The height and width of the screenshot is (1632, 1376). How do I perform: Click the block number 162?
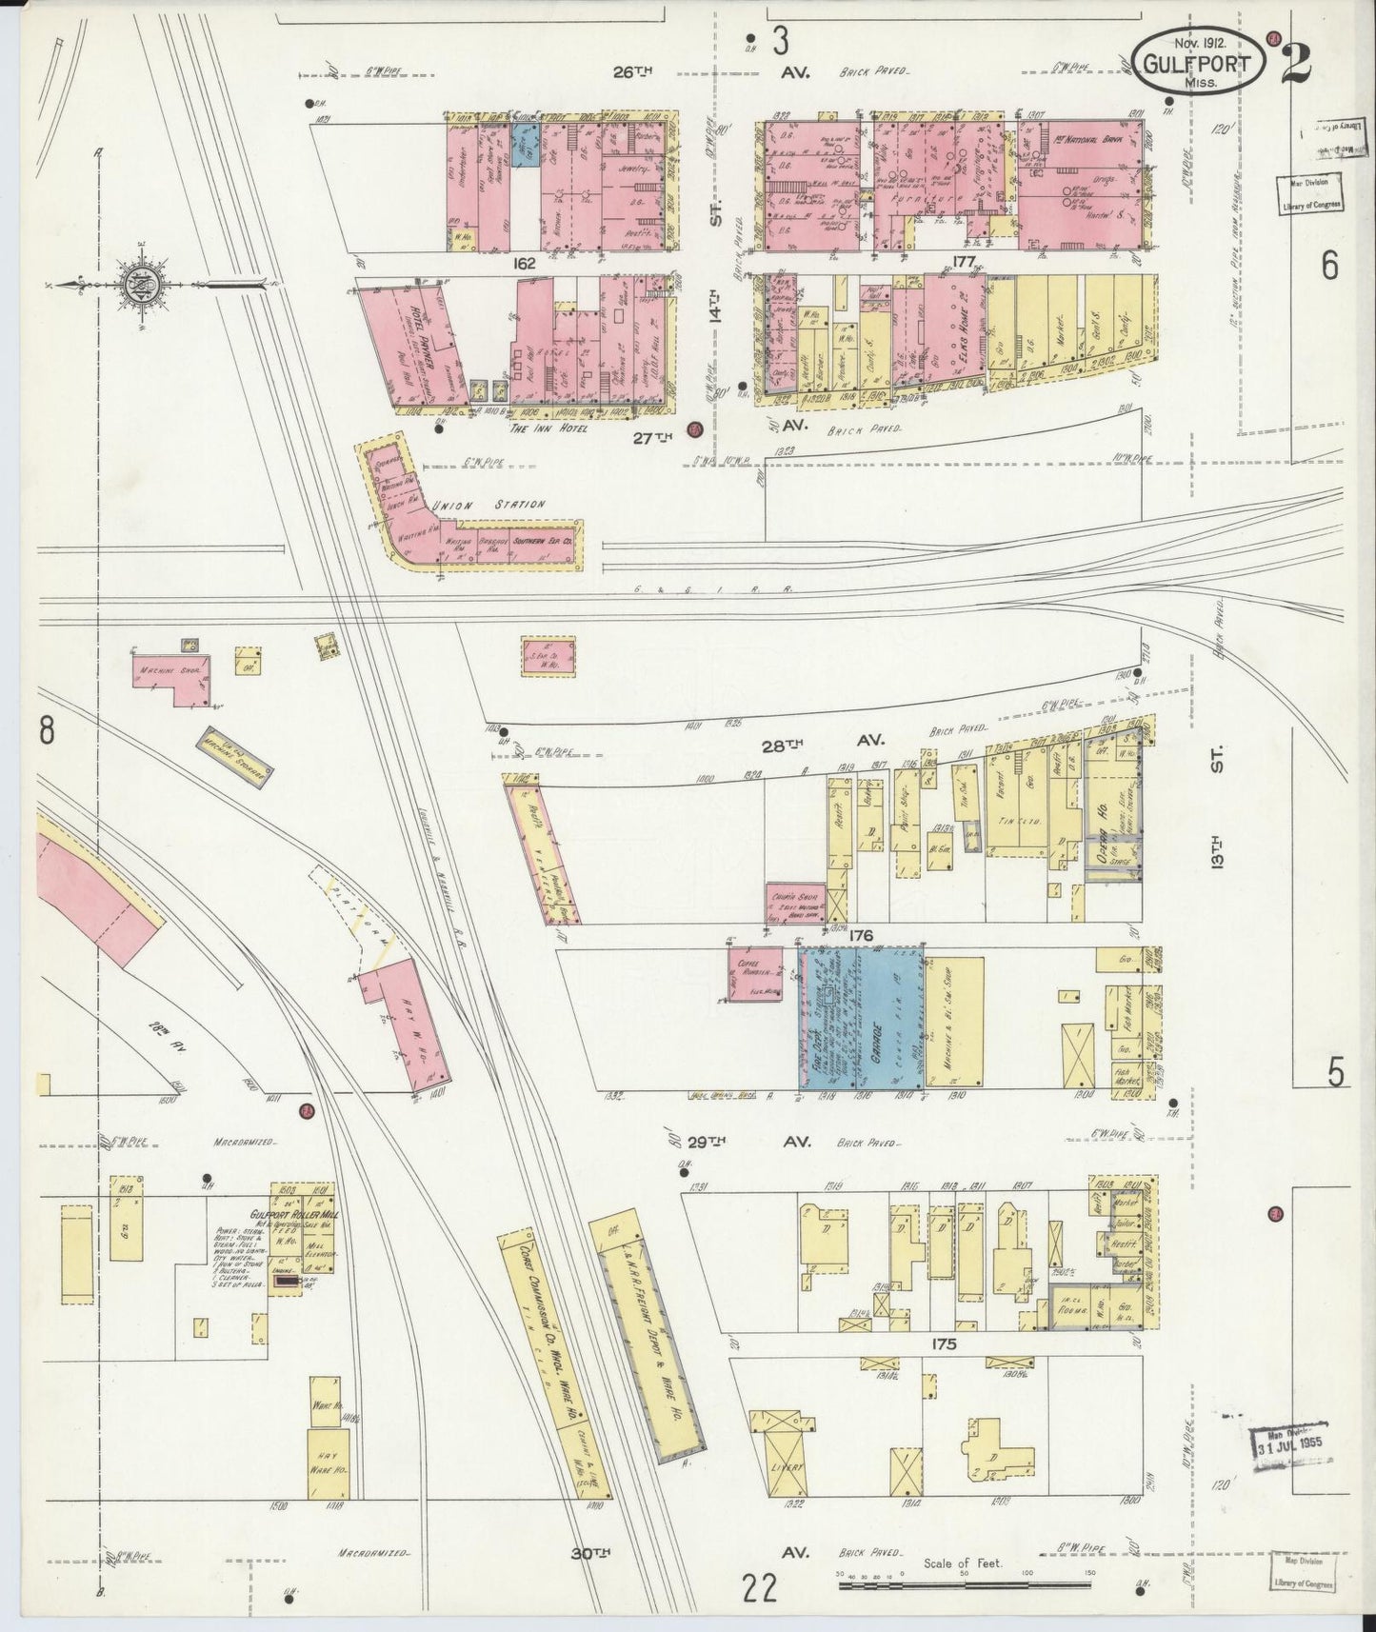pos(523,263)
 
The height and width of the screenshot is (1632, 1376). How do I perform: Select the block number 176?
pos(862,936)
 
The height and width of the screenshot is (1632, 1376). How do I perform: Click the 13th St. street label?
pos(1220,818)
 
